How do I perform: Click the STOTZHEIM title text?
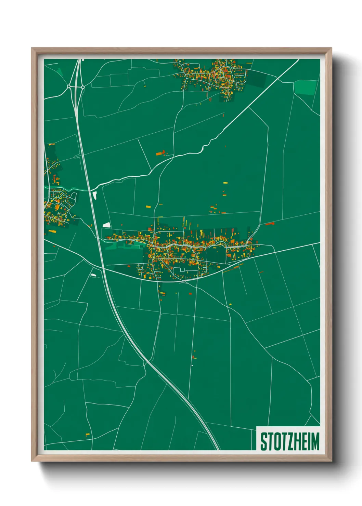(x=289, y=441)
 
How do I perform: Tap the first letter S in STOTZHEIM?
(x=263, y=441)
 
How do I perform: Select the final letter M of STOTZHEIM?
(x=315, y=441)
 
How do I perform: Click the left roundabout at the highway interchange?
(x=69, y=87)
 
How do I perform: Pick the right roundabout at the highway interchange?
(x=83, y=87)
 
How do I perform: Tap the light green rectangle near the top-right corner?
(x=305, y=88)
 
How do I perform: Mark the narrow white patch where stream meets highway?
(x=95, y=195)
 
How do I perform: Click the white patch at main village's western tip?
(x=107, y=225)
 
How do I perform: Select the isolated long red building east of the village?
(x=270, y=224)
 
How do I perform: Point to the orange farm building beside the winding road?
(x=161, y=153)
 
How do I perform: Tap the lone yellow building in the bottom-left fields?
(x=88, y=435)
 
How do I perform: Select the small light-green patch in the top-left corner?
(x=60, y=71)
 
